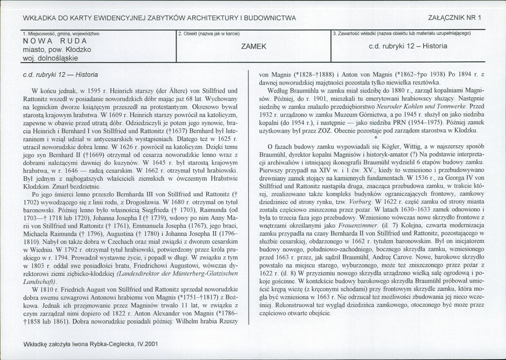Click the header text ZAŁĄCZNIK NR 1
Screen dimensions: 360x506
tap(454, 17)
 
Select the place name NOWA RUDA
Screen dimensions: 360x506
tap(55, 41)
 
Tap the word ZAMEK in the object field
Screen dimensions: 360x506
tap(253, 46)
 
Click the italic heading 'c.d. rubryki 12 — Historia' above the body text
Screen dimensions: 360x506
tap(60, 74)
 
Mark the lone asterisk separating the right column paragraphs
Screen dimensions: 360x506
tap(375, 137)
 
